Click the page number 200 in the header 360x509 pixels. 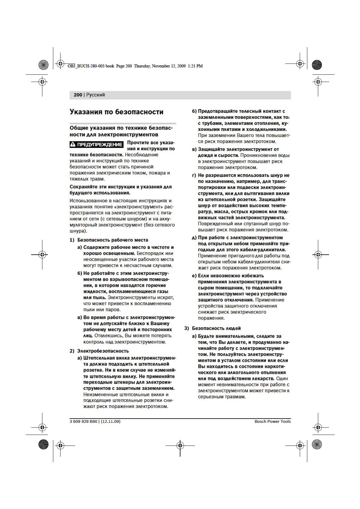click(78, 95)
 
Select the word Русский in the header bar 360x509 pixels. click(96, 95)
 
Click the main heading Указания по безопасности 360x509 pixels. click(116, 112)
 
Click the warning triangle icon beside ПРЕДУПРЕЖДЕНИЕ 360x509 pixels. click(73, 144)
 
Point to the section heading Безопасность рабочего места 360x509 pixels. click(113, 240)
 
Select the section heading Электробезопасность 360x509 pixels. click(103, 351)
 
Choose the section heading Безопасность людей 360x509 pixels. click(216, 328)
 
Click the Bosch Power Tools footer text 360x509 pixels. click(273, 421)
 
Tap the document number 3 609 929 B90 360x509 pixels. click(83, 421)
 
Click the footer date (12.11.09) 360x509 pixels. click(110, 421)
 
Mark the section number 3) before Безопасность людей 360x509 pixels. click(186, 328)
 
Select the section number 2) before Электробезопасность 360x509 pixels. click(72, 351)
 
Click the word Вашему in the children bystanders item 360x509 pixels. click(160, 323)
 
